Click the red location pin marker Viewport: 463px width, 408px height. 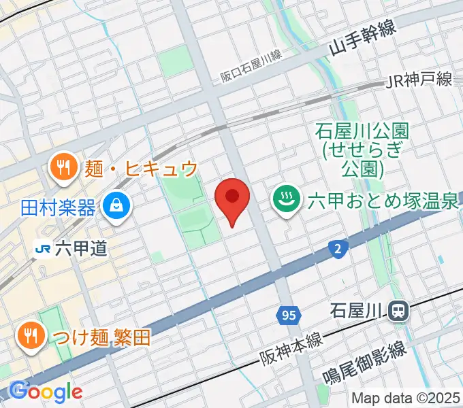click(x=232, y=198)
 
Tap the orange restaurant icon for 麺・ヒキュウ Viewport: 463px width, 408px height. click(x=64, y=168)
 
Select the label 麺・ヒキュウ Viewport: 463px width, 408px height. click(x=142, y=168)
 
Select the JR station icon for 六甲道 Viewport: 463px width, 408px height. click(x=44, y=249)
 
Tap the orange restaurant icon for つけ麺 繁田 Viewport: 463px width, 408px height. click(x=29, y=335)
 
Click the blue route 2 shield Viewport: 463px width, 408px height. click(x=338, y=249)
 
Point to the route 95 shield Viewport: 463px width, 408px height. click(x=289, y=315)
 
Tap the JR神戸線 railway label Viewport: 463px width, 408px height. click(x=418, y=80)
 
